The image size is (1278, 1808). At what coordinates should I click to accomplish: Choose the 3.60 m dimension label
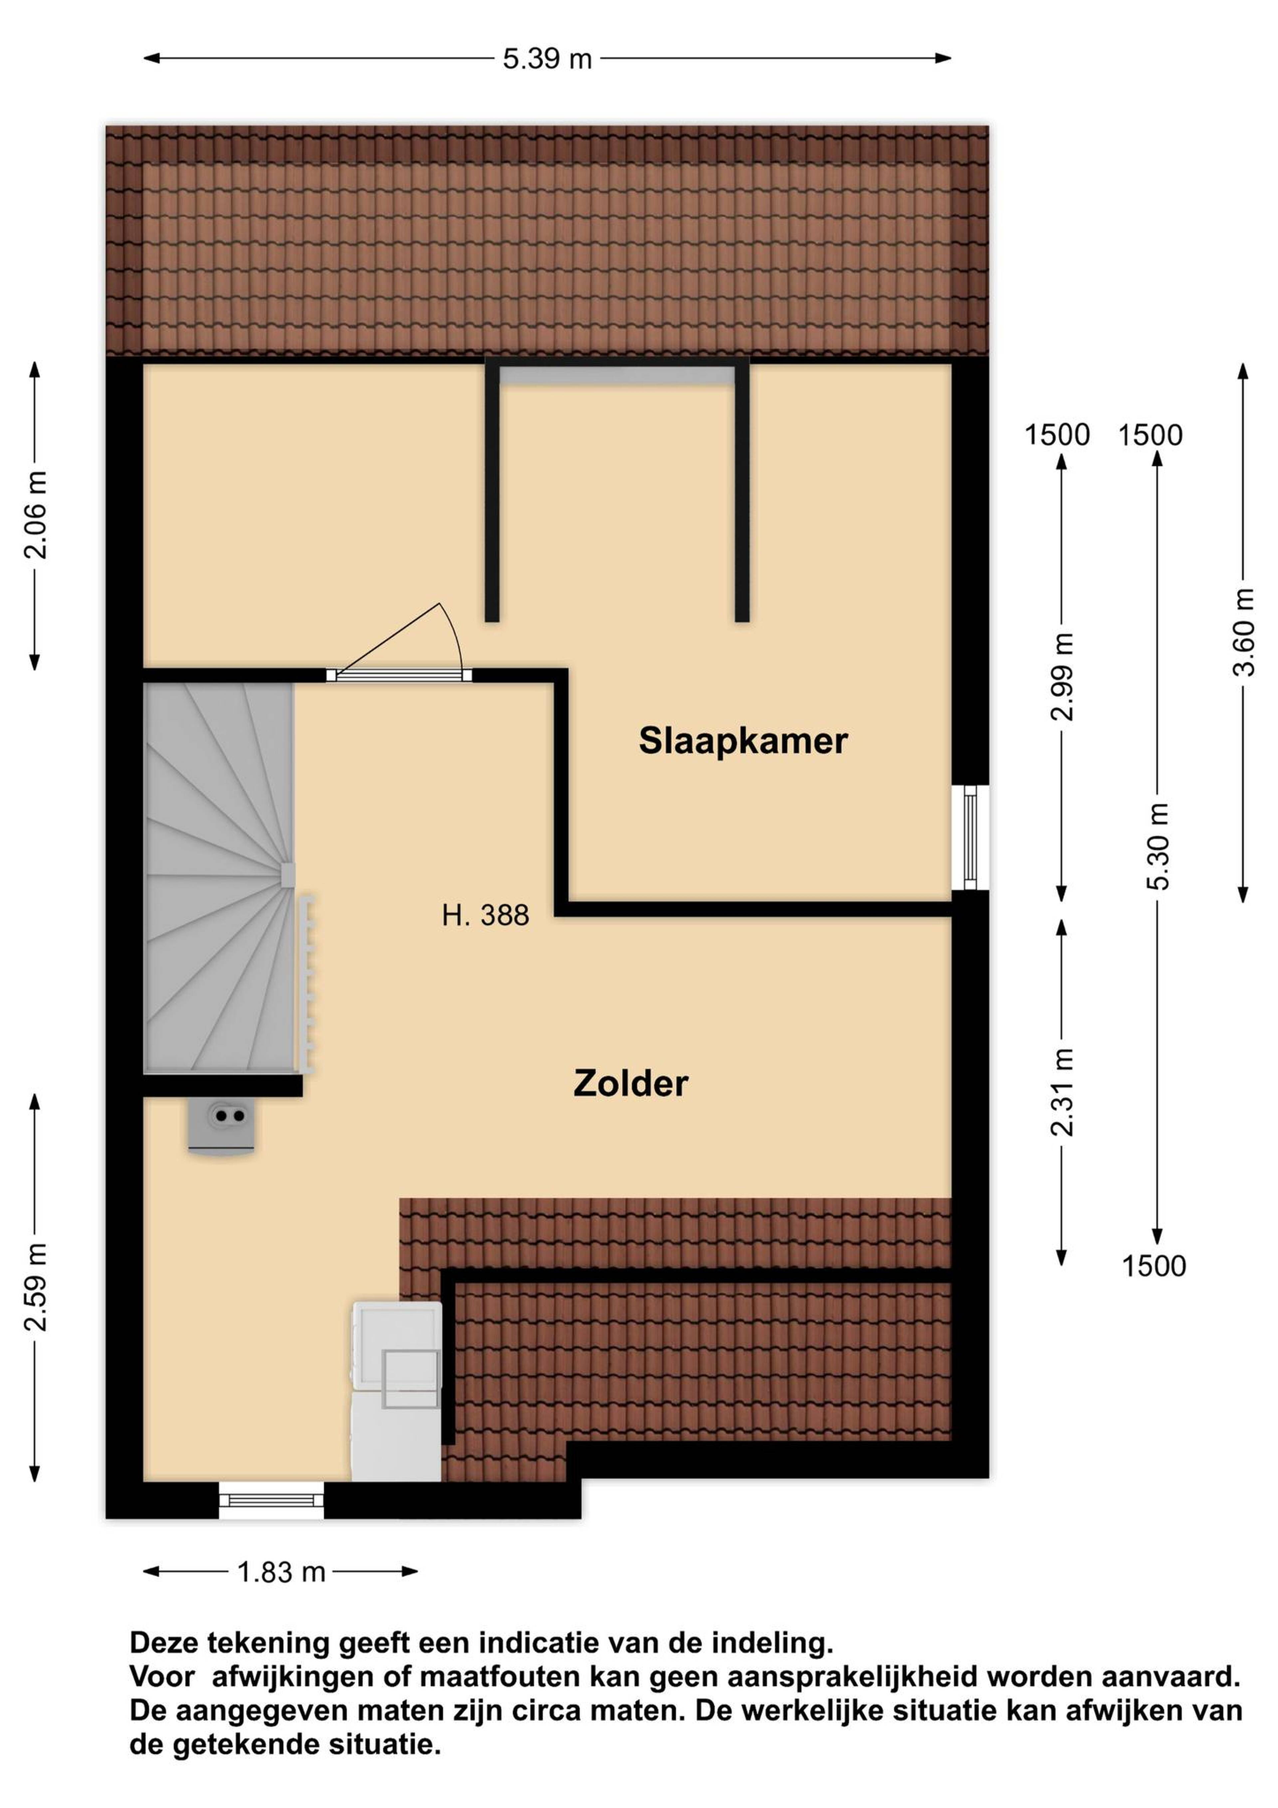tap(1243, 632)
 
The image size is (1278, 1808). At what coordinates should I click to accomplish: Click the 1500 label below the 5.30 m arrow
tap(1154, 1266)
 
